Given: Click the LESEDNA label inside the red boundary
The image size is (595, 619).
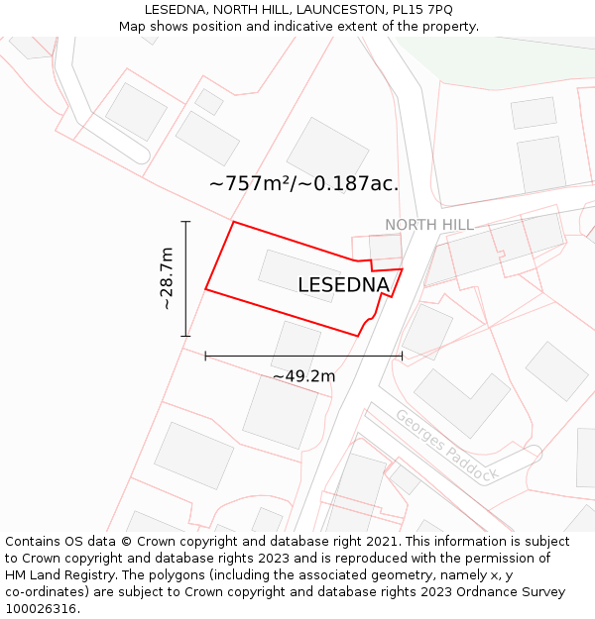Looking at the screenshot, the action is click(343, 285).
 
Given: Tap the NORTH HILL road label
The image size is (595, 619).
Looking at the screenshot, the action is click(429, 225).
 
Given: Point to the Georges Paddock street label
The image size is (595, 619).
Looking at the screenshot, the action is click(446, 445).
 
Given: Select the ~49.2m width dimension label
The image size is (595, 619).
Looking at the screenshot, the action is click(303, 376).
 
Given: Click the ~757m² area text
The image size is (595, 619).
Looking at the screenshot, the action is click(250, 183).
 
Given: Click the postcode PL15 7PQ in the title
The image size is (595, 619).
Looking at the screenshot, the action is click(419, 10).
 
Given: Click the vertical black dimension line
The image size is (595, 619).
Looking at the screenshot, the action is click(185, 278).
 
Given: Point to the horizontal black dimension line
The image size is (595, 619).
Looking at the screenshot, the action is click(303, 355).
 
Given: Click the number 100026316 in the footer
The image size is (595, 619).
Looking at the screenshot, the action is click(40, 609).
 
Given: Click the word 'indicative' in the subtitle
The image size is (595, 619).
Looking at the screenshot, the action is click(326, 27).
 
